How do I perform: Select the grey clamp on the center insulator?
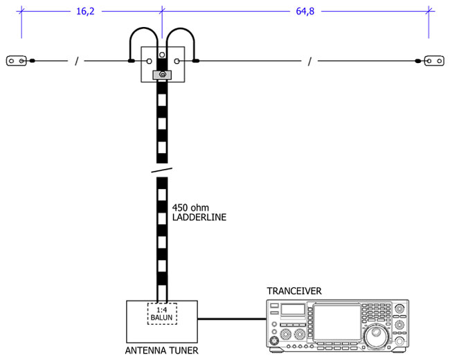(162, 74)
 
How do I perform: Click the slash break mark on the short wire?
(76, 62)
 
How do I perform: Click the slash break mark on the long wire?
(309, 62)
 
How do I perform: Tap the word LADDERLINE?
(199, 217)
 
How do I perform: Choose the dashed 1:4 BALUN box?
(162, 314)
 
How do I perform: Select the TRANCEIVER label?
(294, 291)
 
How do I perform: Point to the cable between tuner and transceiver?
(232, 319)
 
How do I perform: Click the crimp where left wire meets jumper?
(132, 62)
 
